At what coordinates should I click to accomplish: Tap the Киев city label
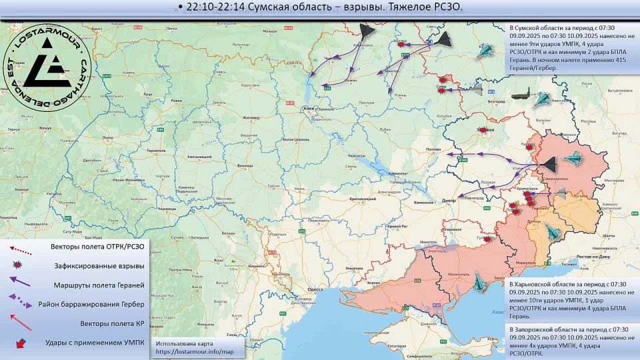[x=308, y=108]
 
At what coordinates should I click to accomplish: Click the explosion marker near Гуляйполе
[x=488, y=238]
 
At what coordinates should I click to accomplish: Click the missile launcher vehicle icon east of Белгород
[x=522, y=95]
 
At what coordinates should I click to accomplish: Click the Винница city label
[x=245, y=164]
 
